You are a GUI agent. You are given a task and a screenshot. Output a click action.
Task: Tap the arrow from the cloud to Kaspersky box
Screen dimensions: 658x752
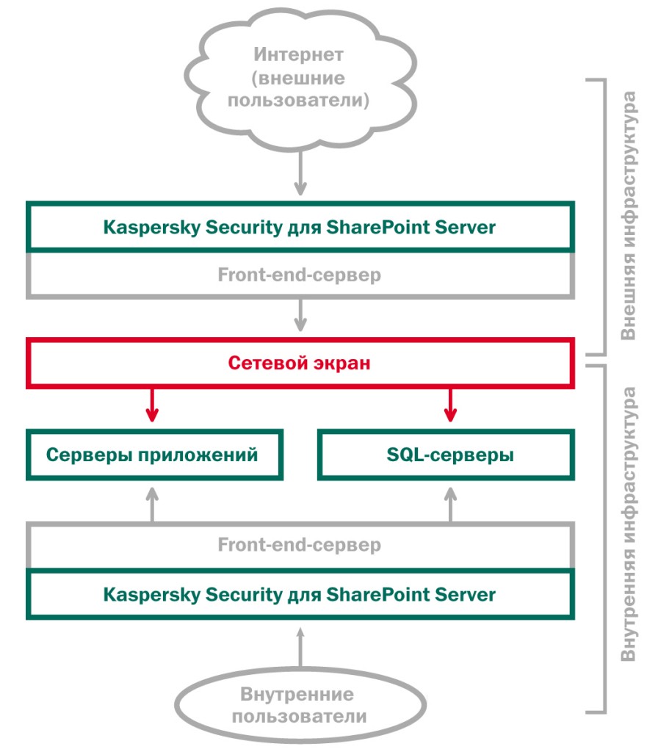click(x=300, y=173)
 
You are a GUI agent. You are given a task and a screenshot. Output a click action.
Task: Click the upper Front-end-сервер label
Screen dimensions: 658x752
click(x=300, y=275)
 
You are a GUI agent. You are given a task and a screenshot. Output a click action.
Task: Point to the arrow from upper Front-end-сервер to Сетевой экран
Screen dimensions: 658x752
click(x=300, y=315)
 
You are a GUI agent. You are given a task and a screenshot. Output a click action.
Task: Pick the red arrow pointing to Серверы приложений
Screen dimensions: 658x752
click(x=152, y=405)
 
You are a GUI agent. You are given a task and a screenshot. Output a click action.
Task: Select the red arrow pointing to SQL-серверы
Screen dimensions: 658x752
click(x=450, y=405)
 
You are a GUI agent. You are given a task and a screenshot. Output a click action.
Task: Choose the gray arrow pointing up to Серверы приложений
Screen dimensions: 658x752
click(x=152, y=505)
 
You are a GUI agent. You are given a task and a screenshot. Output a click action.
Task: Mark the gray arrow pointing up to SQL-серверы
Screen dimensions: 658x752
click(x=450, y=505)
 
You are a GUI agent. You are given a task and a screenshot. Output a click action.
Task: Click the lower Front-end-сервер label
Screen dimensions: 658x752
click(x=300, y=545)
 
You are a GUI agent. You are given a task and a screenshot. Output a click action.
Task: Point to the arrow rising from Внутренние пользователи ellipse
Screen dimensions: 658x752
click(x=300, y=647)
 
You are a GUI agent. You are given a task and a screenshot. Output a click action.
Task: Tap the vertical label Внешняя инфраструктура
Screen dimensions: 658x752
click(x=629, y=216)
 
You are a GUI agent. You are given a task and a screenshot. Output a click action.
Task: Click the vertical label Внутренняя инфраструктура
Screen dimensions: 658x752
click(x=629, y=524)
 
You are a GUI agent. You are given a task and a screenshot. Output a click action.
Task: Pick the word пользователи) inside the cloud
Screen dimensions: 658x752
click(x=298, y=101)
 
